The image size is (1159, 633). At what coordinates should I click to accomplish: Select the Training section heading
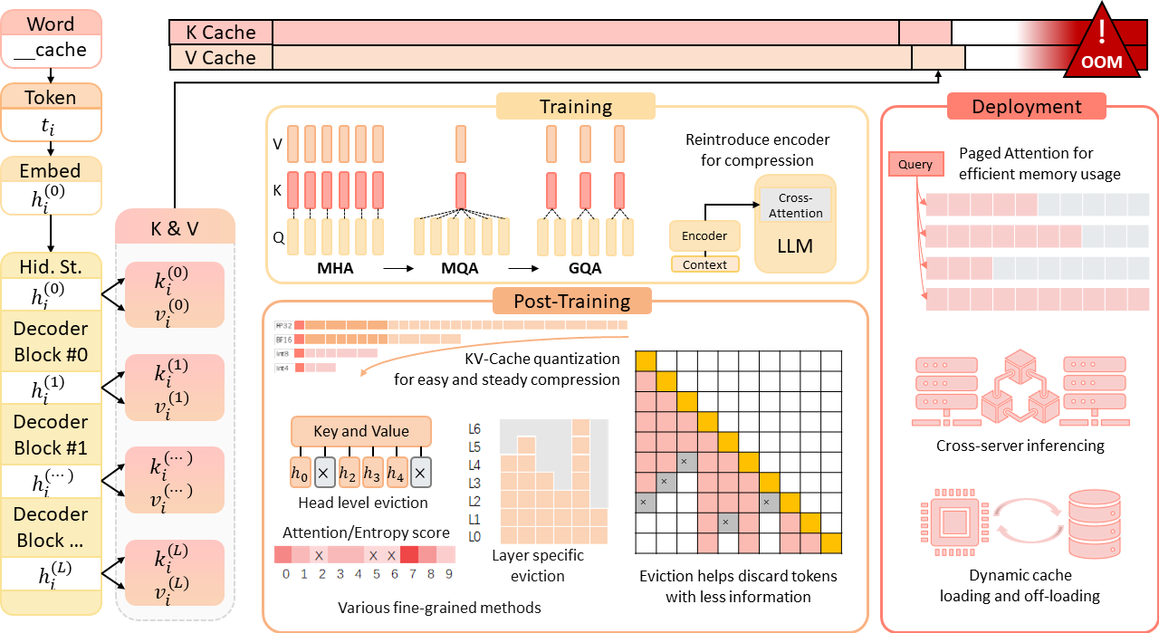point(576,107)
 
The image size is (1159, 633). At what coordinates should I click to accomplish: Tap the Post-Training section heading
point(559,301)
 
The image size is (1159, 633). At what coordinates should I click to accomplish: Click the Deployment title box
point(1027,107)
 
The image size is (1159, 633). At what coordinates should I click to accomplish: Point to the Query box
point(915,165)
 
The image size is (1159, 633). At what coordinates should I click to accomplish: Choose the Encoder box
point(704,236)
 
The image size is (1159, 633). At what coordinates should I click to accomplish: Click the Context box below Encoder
point(704,264)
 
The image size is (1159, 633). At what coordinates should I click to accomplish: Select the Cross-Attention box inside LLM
point(794,206)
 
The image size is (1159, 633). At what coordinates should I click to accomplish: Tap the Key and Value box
point(361,431)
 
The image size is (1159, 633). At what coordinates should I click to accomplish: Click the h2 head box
point(348,471)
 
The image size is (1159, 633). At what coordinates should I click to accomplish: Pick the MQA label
point(460,269)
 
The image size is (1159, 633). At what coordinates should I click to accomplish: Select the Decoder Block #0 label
point(51,340)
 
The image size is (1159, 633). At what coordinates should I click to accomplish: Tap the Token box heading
point(51,97)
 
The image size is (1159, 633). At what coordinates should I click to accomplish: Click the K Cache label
point(221,33)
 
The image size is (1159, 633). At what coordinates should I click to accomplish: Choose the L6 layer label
point(475,428)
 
